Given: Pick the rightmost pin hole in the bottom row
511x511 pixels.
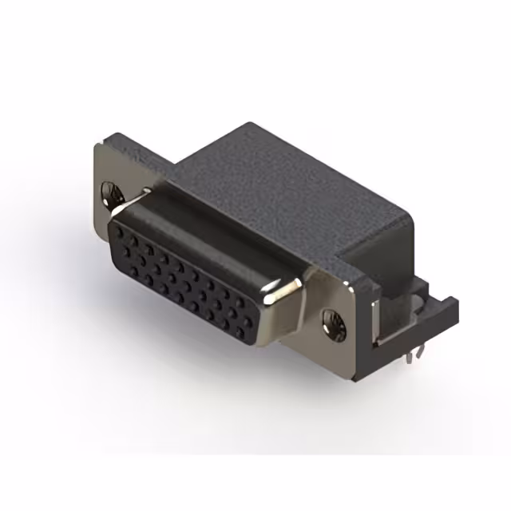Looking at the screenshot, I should coord(245,327).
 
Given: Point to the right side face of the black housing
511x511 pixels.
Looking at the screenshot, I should coord(383,255).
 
